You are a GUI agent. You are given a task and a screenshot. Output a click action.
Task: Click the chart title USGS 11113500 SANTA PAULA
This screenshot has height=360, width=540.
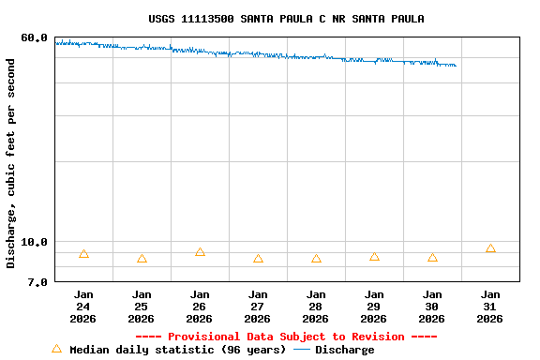coord(286,19)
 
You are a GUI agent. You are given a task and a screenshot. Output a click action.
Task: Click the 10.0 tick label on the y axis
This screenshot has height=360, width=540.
coord(34,242)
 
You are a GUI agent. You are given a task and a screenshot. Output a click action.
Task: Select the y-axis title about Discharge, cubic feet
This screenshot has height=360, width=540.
coord(11,163)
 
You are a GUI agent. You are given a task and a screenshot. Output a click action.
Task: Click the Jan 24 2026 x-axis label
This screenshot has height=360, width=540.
coord(83,307)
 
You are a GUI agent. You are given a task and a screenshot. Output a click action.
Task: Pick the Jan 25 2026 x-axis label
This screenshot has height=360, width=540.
coord(142,307)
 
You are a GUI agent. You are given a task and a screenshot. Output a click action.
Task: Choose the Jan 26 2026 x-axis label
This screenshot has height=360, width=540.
coord(200,307)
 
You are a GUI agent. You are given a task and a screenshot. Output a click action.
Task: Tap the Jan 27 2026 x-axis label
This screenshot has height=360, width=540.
coord(258,307)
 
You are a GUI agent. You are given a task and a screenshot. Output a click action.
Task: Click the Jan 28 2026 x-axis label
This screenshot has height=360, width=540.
coord(316,307)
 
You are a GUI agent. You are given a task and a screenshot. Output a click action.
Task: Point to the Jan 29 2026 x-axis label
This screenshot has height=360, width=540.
coord(374,307)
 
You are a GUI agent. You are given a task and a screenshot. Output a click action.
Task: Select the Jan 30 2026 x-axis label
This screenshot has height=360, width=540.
coord(432,307)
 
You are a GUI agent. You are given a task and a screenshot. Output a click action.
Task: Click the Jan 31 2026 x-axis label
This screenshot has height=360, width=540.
coord(490,307)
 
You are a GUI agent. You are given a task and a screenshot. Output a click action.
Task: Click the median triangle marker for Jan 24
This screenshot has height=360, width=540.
coord(83,254)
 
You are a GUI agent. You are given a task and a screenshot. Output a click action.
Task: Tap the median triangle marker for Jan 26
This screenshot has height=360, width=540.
coord(200,252)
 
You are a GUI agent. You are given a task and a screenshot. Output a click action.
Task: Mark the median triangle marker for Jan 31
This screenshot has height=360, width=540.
coord(490,248)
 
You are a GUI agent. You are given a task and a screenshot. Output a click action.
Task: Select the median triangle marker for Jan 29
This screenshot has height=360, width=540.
coord(374,256)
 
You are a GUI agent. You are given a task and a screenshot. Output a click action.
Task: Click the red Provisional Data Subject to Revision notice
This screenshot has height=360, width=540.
coord(286,337)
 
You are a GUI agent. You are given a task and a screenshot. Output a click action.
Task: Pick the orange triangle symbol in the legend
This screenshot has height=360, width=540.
coord(56,349)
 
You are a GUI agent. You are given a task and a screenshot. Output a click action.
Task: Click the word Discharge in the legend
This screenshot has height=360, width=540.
coord(344,350)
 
